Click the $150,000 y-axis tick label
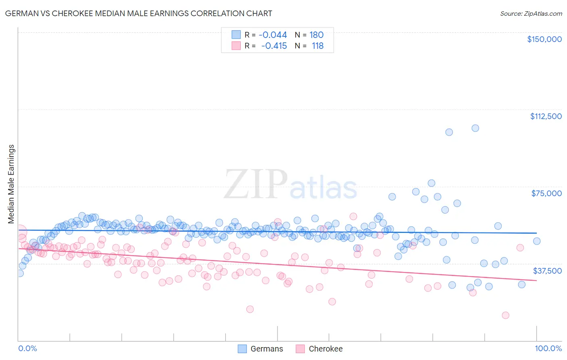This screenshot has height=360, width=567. click(544, 39)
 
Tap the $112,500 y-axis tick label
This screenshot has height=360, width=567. click(545, 116)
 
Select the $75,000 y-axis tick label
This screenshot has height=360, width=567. click(546, 193)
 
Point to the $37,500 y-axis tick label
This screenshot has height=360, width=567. click(547, 271)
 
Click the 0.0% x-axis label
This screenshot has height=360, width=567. click(27, 348)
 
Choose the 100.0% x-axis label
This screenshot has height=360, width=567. click(548, 348)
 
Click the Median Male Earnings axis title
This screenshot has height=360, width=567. click(11, 184)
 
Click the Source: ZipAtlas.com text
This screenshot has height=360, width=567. click(531, 13)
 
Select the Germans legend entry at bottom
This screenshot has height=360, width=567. click(261, 349)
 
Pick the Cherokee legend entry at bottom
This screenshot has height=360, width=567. click(319, 349)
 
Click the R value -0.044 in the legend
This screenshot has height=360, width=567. click(273, 35)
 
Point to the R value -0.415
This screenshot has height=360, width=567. click(274, 46)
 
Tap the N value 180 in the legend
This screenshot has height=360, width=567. click(316, 35)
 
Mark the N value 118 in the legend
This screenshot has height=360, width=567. click(317, 46)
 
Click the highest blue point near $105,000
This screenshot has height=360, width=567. click(475, 128)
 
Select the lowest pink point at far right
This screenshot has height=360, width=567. click(505, 315)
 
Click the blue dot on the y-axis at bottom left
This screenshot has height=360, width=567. click(19, 273)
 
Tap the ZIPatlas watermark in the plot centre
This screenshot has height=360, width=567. click(290, 184)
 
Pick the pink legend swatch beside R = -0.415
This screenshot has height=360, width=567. click(236, 46)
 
